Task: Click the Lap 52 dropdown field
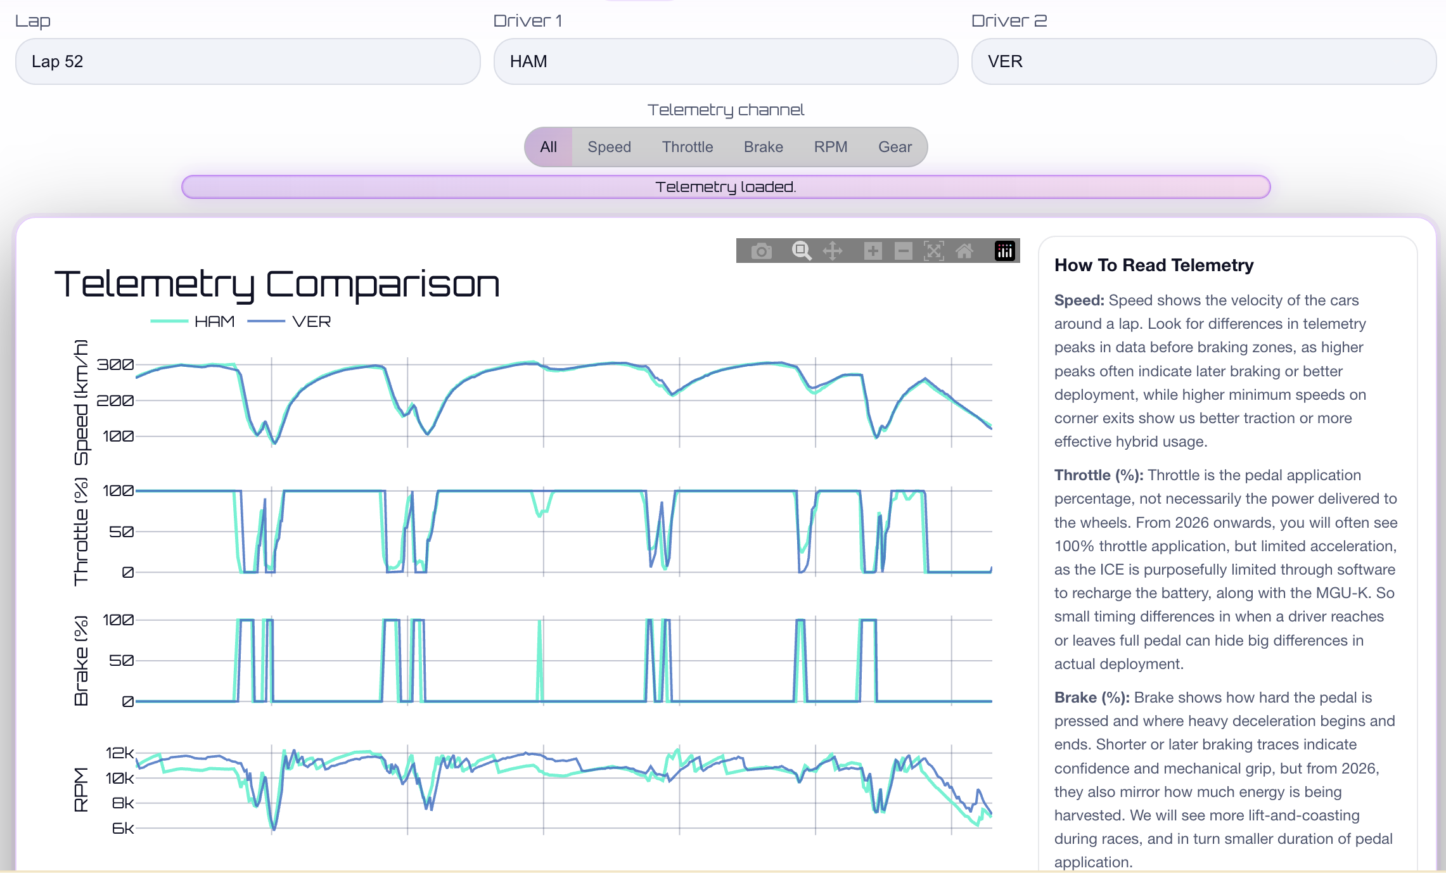[247, 61]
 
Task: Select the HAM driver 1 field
[725, 61]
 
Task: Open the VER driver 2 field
[1203, 61]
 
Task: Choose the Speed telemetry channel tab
[609, 147]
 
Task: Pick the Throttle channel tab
[688, 147]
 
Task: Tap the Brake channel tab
[763, 147]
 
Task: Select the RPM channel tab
[830, 147]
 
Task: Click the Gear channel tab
[895, 147]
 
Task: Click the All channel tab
[549, 147]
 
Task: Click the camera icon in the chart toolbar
[761, 251]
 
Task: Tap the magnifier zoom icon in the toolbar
[802, 251]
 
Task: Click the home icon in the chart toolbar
[964, 251]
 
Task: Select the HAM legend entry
[214, 322]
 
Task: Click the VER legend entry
[310, 322]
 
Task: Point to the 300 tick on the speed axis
[115, 365]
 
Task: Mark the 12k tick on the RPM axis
[119, 753]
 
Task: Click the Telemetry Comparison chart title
[277, 284]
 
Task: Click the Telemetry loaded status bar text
[726, 187]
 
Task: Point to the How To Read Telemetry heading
[1153, 265]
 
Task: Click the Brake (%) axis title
[81, 660]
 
